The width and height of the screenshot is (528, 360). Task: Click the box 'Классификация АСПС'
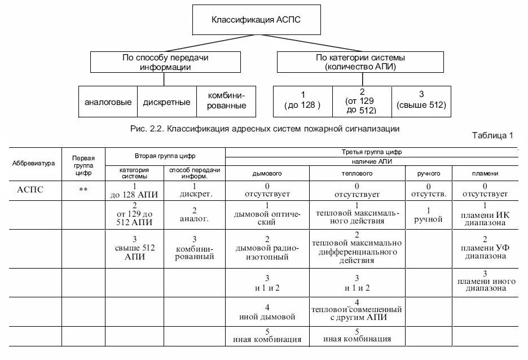click(257, 20)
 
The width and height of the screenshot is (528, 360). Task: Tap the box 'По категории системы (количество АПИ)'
click(360, 62)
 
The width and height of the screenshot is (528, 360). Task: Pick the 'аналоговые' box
click(108, 102)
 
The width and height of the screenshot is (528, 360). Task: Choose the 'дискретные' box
click(166, 102)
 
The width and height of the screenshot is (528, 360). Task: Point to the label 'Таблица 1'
click(492, 135)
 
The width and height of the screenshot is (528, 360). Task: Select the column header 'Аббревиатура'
click(34, 164)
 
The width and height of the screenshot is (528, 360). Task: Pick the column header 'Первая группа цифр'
click(83, 164)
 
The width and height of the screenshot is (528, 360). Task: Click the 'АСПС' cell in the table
click(30, 190)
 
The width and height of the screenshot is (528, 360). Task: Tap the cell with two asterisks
click(83, 190)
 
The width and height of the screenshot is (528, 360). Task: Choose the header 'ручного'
click(428, 174)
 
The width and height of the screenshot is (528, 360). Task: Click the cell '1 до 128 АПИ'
click(134, 190)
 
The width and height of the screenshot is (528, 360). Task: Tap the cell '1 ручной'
click(428, 215)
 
